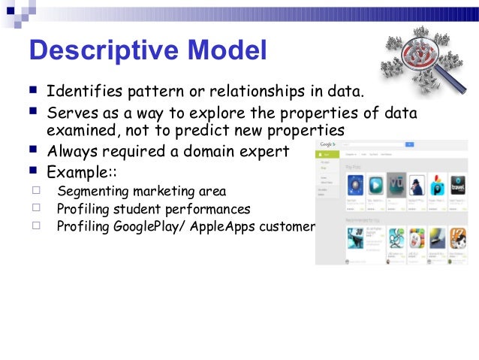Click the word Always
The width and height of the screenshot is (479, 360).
[76, 151]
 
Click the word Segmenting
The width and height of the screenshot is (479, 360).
[94, 192]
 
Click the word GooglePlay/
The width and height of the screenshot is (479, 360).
[157, 226]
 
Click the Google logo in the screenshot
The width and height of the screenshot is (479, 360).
[327, 144]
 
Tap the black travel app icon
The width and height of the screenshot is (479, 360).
[456, 185]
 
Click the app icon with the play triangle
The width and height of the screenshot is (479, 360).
[375, 185]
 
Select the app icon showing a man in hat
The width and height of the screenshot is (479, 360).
[417, 185]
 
